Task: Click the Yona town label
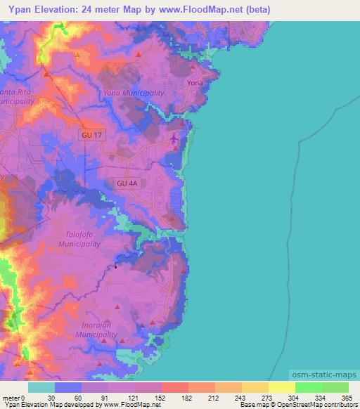coord(195,82)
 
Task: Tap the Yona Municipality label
coord(134,93)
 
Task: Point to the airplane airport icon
coord(174,138)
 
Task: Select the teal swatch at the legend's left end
coord(41,387)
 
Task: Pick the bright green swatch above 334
coord(307,387)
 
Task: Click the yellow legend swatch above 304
coord(281,387)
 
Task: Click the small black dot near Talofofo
coord(115,266)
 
